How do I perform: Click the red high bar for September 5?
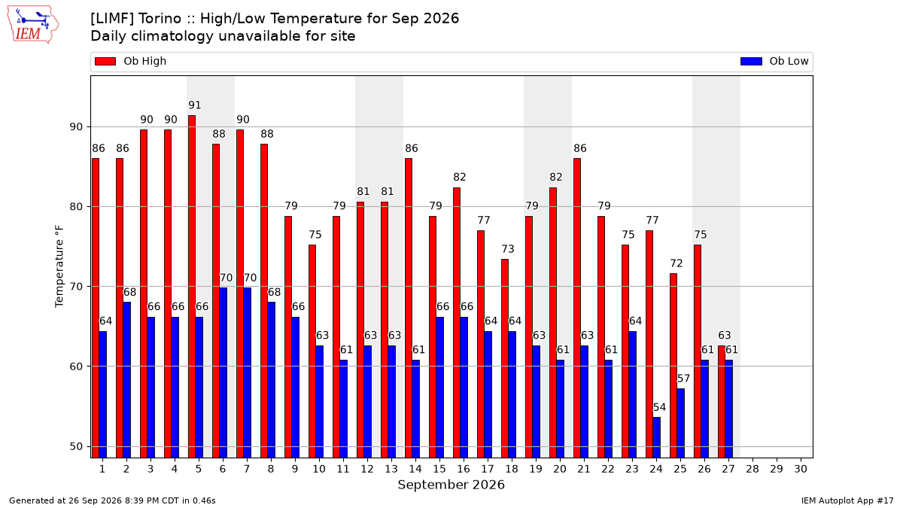click(x=192, y=287)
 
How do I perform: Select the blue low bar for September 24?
click(x=657, y=437)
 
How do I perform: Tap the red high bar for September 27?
click(x=722, y=402)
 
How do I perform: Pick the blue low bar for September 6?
click(x=223, y=373)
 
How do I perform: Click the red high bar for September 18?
click(x=505, y=358)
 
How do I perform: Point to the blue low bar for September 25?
click(x=681, y=423)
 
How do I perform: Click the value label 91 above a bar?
click(x=195, y=105)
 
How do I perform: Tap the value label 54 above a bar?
click(x=659, y=407)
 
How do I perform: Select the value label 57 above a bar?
click(x=683, y=379)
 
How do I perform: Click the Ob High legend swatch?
click(x=105, y=61)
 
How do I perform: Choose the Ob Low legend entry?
click(x=774, y=61)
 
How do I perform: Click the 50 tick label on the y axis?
click(x=76, y=447)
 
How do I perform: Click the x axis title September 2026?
click(x=451, y=485)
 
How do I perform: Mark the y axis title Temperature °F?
click(x=59, y=266)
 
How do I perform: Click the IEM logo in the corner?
click(x=32, y=25)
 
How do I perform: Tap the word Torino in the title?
click(x=160, y=19)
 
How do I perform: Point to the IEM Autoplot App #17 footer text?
click(x=847, y=500)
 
